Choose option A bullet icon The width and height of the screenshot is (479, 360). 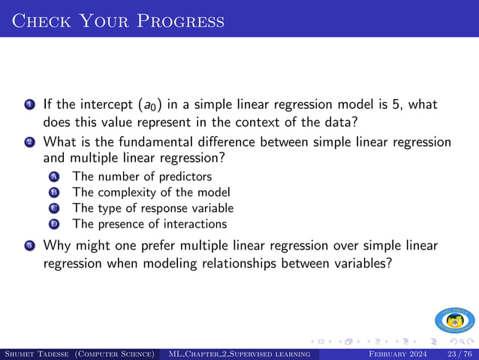53,177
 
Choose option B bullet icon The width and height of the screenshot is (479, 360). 53,193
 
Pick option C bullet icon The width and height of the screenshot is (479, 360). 53,208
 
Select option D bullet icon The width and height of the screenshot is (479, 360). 53,224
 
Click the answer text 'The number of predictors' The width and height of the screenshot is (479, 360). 142,177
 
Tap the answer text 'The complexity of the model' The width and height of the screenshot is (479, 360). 151,192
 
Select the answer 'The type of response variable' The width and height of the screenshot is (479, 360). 152,208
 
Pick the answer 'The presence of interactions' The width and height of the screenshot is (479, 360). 149,223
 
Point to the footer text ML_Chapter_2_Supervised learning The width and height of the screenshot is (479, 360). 239,353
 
